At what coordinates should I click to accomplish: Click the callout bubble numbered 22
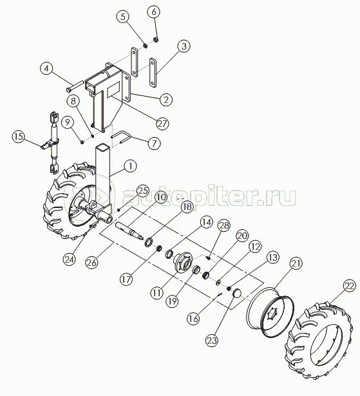coord(350,286)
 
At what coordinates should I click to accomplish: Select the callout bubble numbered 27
coord(162,124)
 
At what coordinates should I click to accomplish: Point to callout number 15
coord(19,137)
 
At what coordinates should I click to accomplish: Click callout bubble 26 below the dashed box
coord(91,263)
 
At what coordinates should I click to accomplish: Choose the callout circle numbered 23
coord(212,340)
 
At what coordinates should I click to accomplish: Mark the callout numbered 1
coord(130,166)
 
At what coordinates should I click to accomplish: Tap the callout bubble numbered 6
coord(155,12)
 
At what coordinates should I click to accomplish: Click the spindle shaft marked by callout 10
coord(129,231)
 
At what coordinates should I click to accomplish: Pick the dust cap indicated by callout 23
coord(237,294)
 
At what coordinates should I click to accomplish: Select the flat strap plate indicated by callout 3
coord(153,73)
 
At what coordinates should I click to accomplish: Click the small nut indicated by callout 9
coord(82,142)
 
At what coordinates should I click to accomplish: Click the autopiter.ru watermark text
coord(209,197)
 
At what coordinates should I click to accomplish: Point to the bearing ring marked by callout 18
coord(148,241)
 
